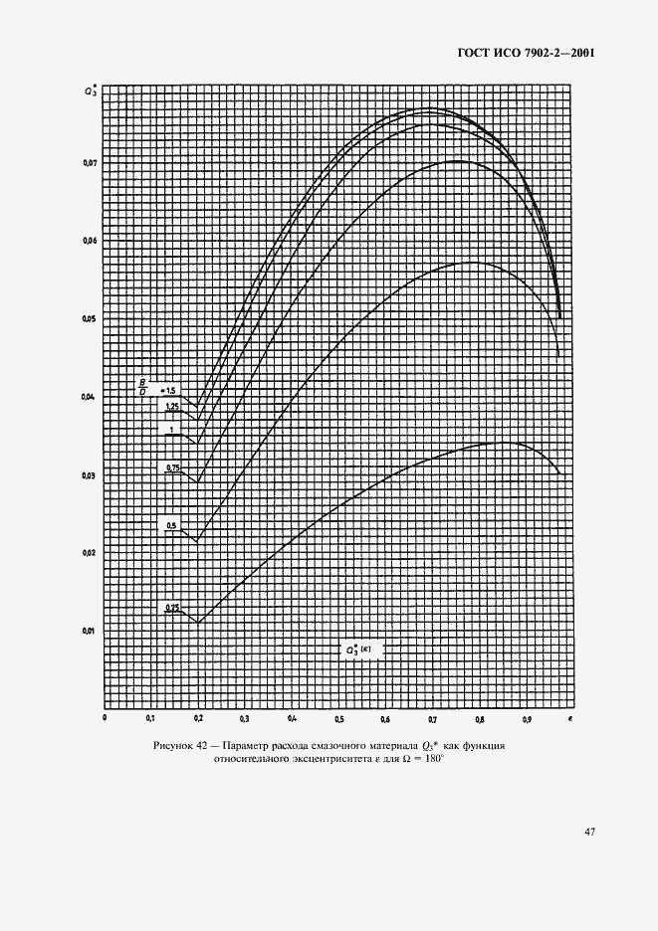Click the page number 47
coord(589,833)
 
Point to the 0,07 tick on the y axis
coord(90,162)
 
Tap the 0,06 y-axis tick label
coord(90,241)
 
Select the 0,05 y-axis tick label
coord(90,318)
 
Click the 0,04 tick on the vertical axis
coord(90,397)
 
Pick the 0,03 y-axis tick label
coord(90,474)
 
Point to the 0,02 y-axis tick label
coord(90,553)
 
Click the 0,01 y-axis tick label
coord(90,631)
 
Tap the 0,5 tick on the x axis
coord(339,717)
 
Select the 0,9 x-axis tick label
coord(527,717)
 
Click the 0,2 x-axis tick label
coord(198,717)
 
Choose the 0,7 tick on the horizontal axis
coord(433,717)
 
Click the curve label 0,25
coord(172,607)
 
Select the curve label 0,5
coord(171,525)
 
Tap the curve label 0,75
coord(172,466)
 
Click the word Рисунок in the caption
coord(175,746)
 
